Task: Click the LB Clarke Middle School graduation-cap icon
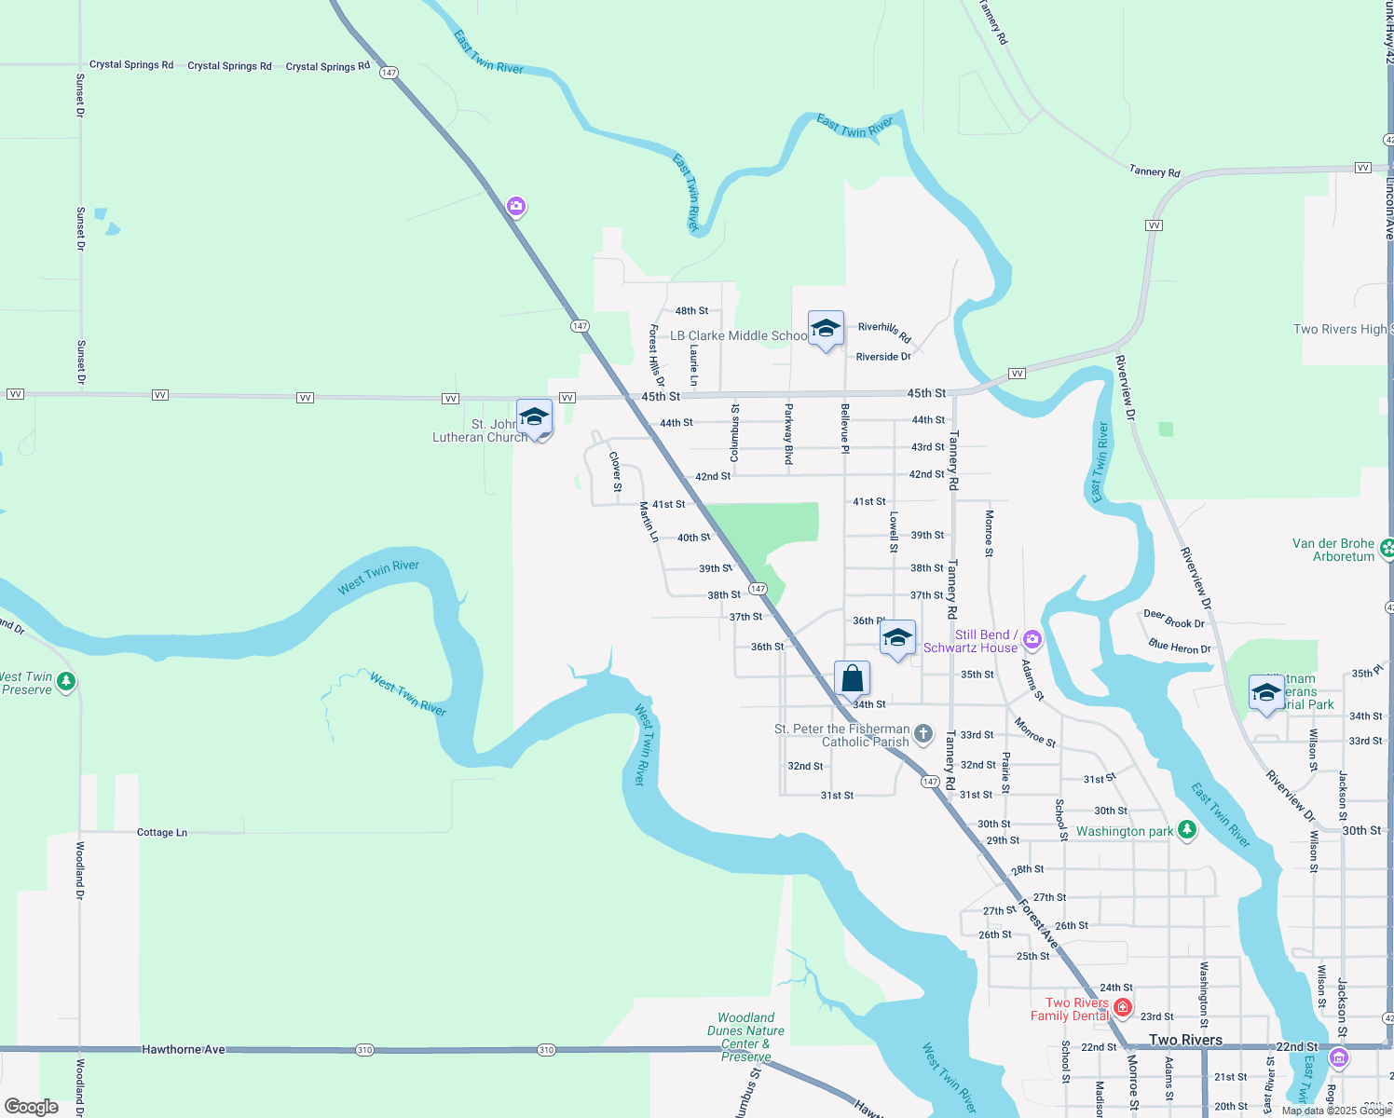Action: pyautogui.click(x=826, y=329)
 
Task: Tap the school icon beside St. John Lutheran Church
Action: pyautogui.click(x=535, y=417)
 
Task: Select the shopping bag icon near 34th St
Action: pyautogui.click(x=852, y=678)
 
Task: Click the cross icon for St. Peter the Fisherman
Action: pyautogui.click(x=923, y=734)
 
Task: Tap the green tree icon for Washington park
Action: pyautogui.click(x=1186, y=829)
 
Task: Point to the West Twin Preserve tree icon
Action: pyautogui.click(x=65, y=682)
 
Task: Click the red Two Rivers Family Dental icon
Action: pyautogui.click(x=1123, y=1007)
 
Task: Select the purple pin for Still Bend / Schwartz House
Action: pyautogui.click(x=1032, y=639)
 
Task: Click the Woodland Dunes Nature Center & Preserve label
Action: pyautogui.click(x=745, y=1037)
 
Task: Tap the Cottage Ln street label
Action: pyautogui.click(x=162, y=833)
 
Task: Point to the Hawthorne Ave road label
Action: pyautogui.click(x=184, y=1050)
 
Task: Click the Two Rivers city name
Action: pyautogui.click(x=1185, y=1040)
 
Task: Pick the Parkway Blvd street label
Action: pyautogui.click(x=788, y=434)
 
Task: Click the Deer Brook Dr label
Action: pyautogui.click(x=1174, y=619)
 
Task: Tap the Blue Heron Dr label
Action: pyautogui.click(x=1180, y=647)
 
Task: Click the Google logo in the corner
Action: pyautogui.click(x=31, y=1107)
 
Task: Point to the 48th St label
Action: pyautogui.click(x=691, y=311)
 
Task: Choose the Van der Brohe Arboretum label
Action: pyautogui.click(x=1332, y=550)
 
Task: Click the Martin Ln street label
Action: pyautogui.click(x=649, y=522)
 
